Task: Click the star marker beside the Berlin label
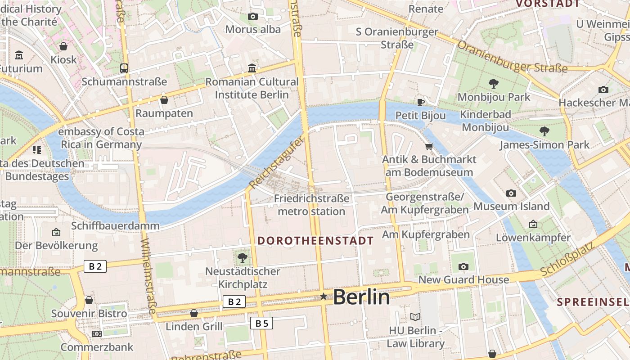click(x=324, y=296)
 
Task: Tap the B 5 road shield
click(x=261, y=323)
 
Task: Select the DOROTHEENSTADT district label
click(x=315, y=241)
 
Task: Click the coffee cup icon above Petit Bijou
click(x=421, y=102)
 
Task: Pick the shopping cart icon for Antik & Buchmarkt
click(x=429, y=146)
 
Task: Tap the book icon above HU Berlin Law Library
click(x=415, y=317)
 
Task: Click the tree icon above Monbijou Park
click(x=494, y=83)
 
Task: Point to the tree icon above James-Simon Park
click(x=544, y=131)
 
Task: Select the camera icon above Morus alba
click(x=253, y=17)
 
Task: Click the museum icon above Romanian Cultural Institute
click(x=252, y=68)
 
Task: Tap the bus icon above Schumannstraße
click(x=124, y=68)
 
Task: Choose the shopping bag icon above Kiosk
click(x=63, y=46)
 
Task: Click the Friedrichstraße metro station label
click(x=311, y=205)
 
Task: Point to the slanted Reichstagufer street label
click(x=276, y=163)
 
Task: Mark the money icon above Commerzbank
click(x=97, y=334)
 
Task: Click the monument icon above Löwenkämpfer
click(x=533, y=224)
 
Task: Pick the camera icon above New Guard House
click(x=463, y=267)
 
